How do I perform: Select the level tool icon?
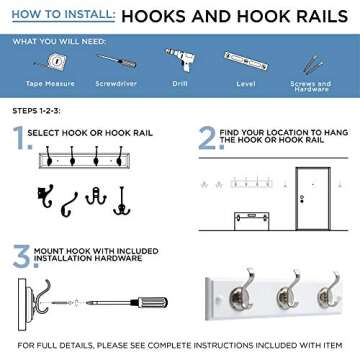[x=246, y=62]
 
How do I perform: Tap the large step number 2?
[x=206, y=138]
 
